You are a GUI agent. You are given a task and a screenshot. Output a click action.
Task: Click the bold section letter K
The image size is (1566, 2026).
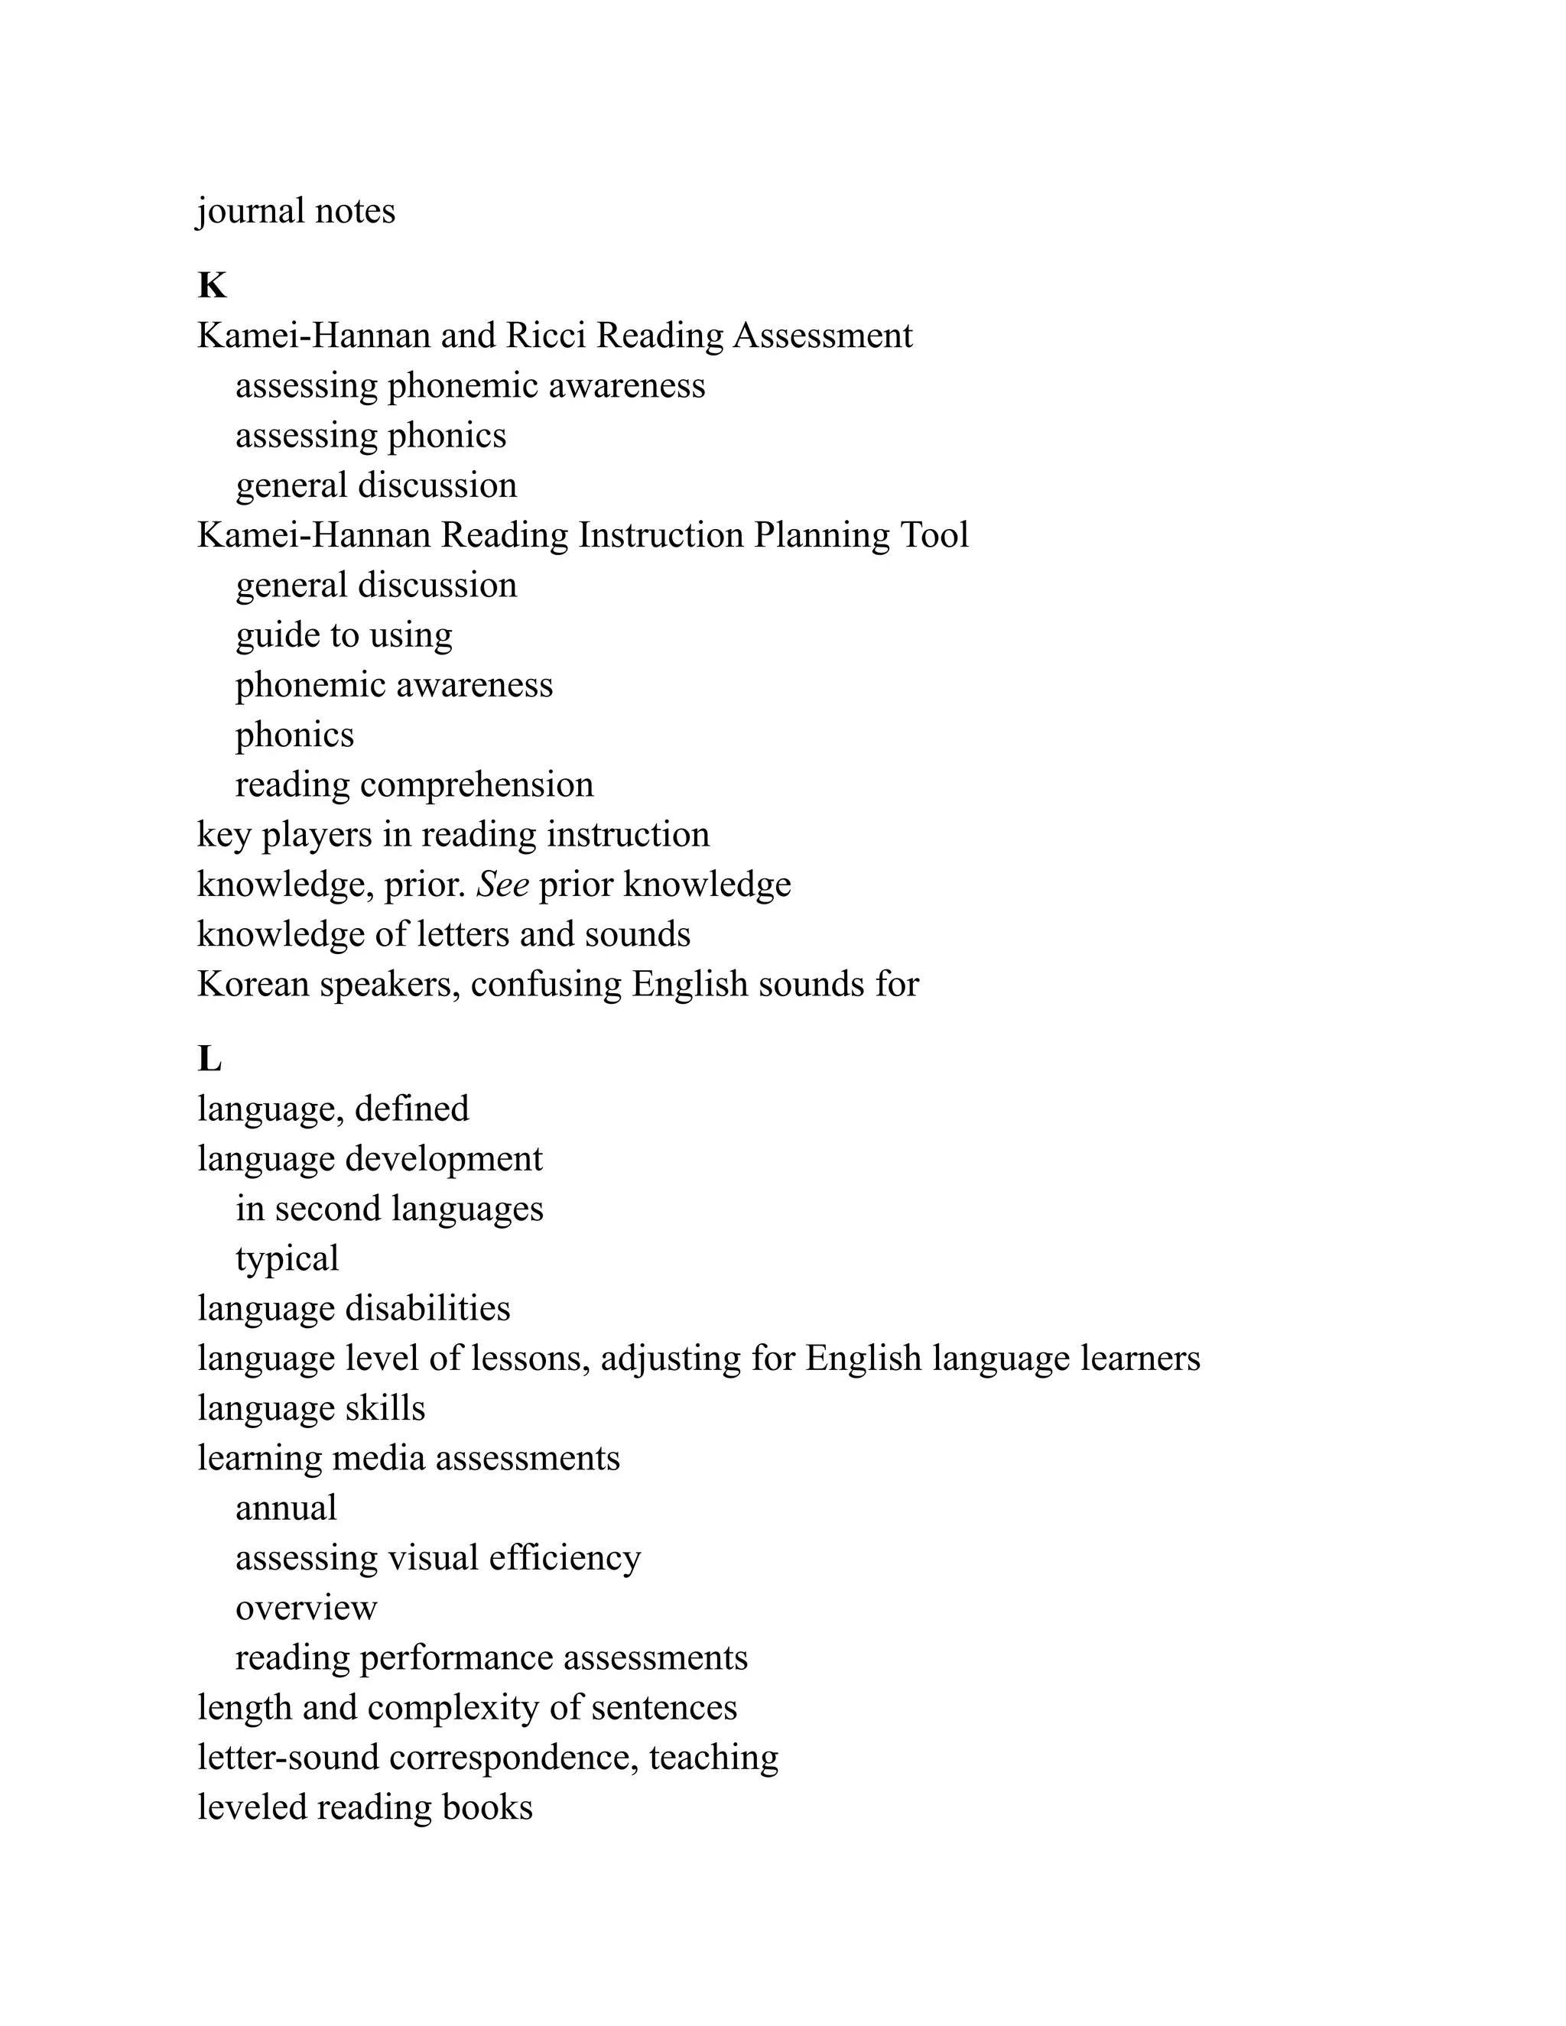click(x=212, y=286)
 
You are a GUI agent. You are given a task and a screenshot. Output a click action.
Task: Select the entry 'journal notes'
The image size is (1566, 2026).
click(x=296, y=212)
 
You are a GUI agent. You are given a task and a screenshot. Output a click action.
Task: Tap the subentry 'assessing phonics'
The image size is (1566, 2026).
click(x=370, y=436)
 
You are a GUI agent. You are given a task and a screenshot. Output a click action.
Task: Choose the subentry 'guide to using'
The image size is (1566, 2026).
click(x=343, y=635)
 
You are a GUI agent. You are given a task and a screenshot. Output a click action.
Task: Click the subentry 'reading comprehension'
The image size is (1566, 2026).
click(x=414, y=785)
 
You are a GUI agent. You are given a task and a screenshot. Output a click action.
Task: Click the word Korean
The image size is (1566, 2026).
click(x=253, y=984)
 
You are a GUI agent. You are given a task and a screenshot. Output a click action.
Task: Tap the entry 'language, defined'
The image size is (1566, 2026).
click(x=333, y=1109)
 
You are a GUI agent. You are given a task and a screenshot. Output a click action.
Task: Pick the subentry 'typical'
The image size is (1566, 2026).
click(x=287, y=1259)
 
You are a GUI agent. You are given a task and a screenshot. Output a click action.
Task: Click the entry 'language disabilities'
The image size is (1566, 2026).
click(x=353, y=1309)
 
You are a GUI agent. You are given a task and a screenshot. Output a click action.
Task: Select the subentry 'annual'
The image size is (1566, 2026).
click(x=286, y=1508)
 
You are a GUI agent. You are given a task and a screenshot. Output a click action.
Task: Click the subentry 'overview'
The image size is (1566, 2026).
click(x=306, y=1608)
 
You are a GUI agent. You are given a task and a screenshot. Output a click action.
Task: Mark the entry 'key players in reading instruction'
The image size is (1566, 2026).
click(x=453, y=835)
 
